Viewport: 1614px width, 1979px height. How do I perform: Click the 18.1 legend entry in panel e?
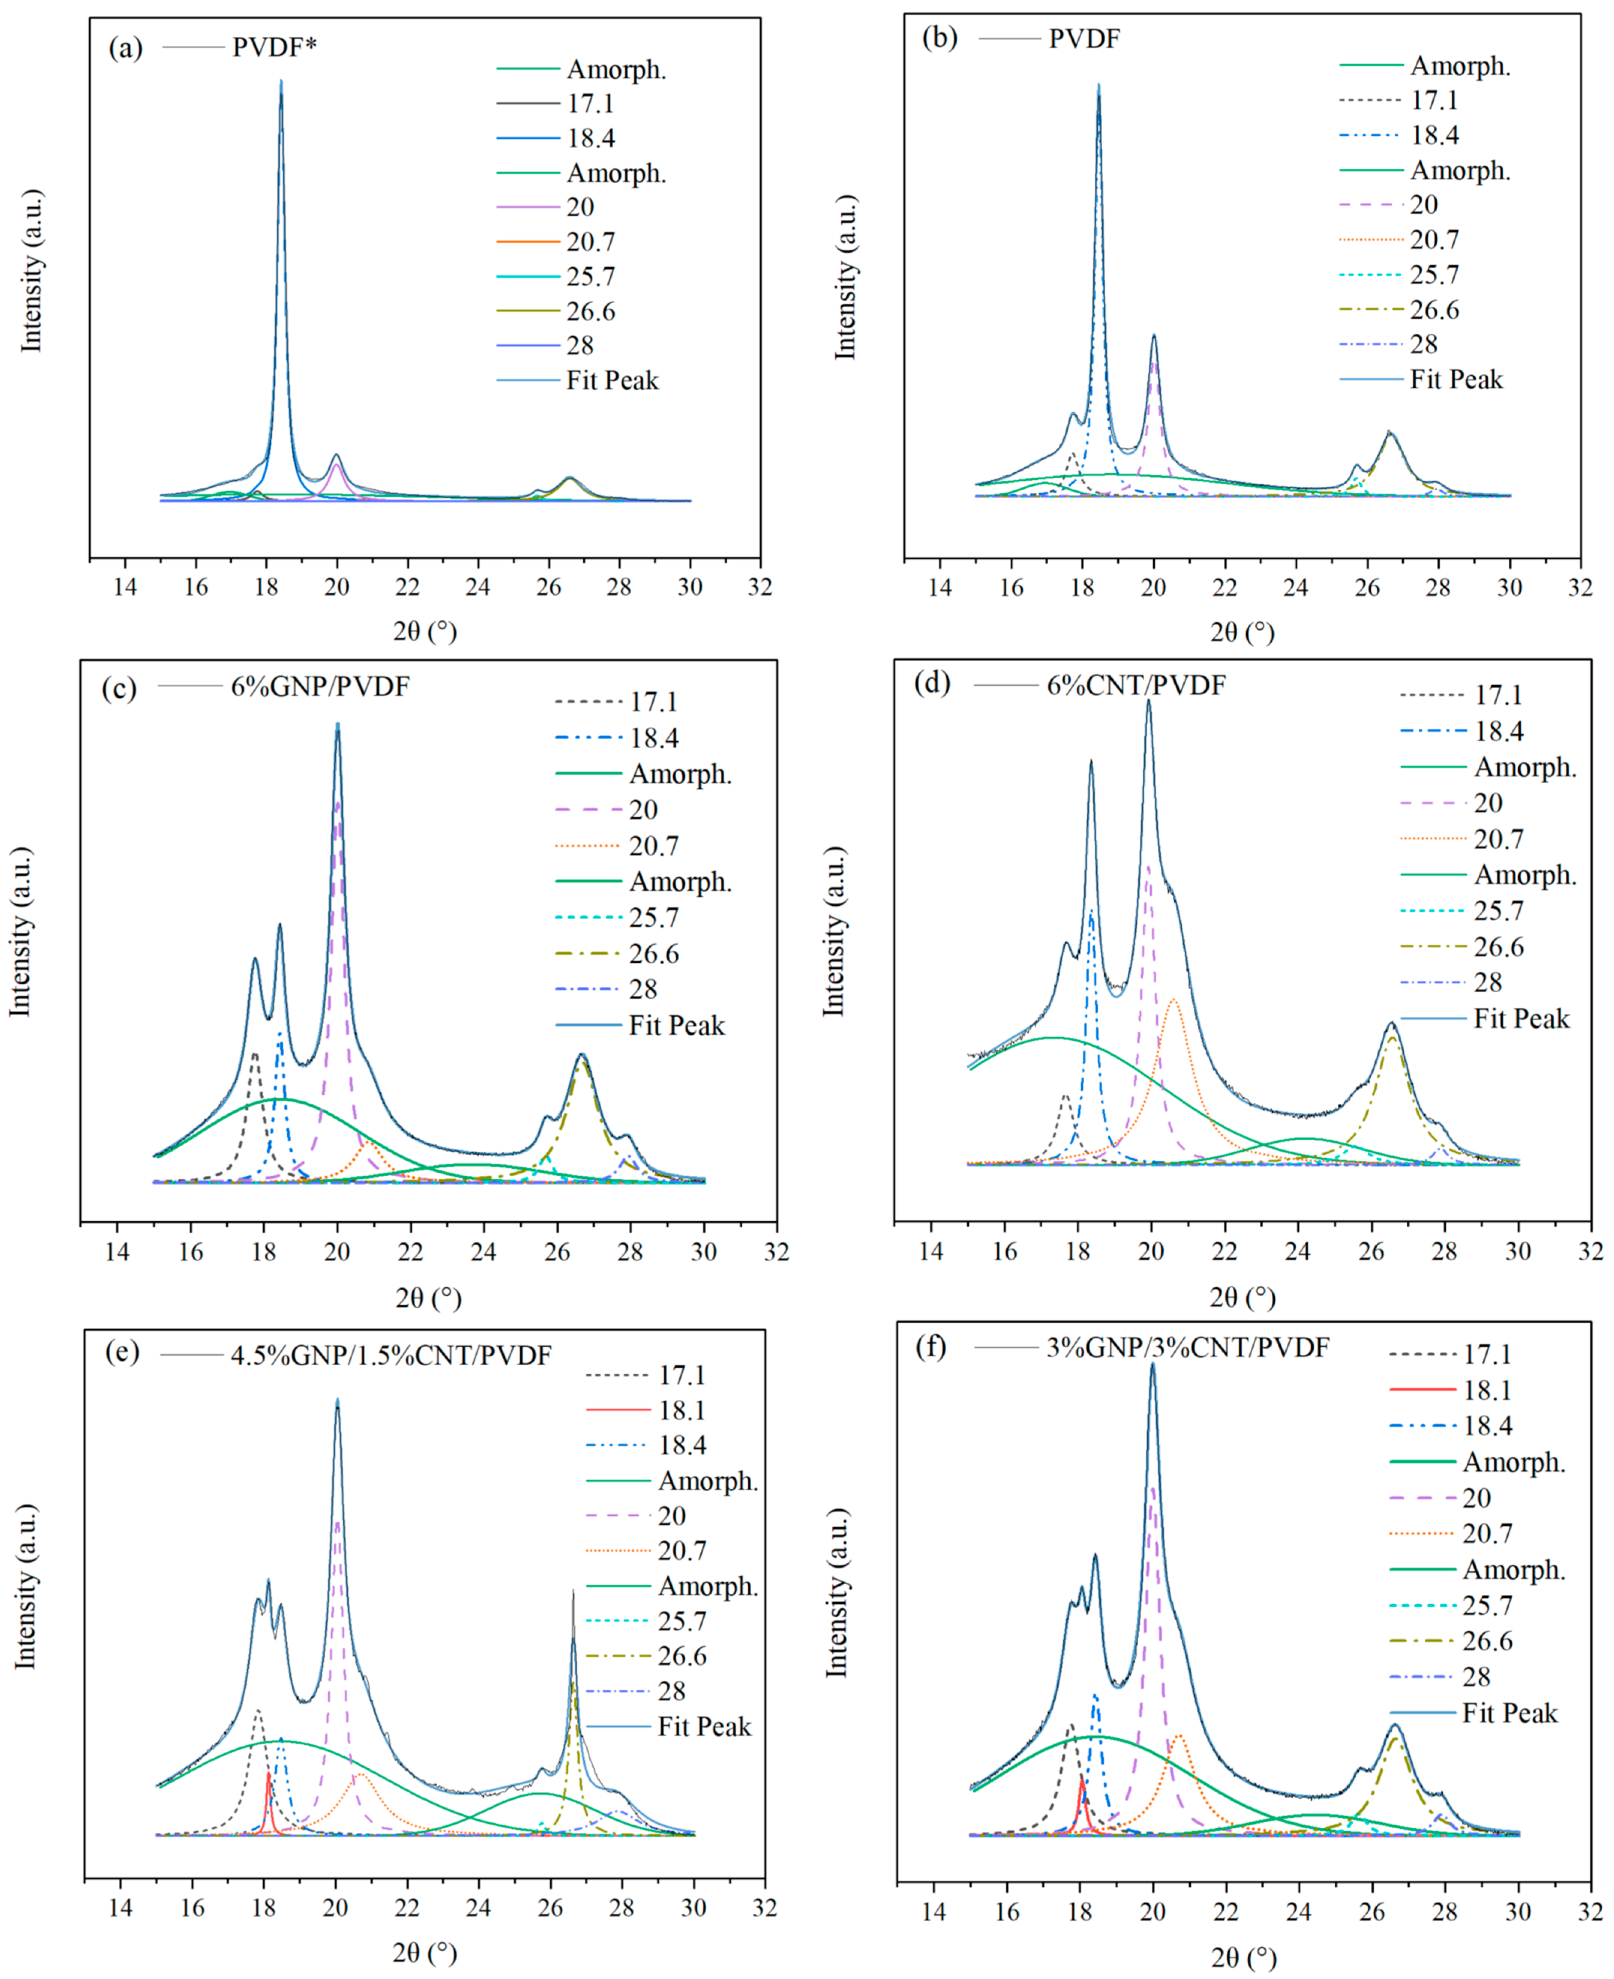682,1410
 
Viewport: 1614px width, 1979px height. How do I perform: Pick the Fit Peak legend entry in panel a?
612,380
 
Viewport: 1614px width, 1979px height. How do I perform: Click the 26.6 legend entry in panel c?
653,954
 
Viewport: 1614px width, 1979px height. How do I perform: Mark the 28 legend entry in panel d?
1488,983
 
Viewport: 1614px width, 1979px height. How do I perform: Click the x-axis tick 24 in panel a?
478,587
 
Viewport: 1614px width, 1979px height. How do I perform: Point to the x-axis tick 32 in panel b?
1580,587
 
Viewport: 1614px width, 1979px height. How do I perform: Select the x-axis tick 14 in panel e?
120,1907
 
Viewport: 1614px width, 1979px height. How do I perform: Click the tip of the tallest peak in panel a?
281,82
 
